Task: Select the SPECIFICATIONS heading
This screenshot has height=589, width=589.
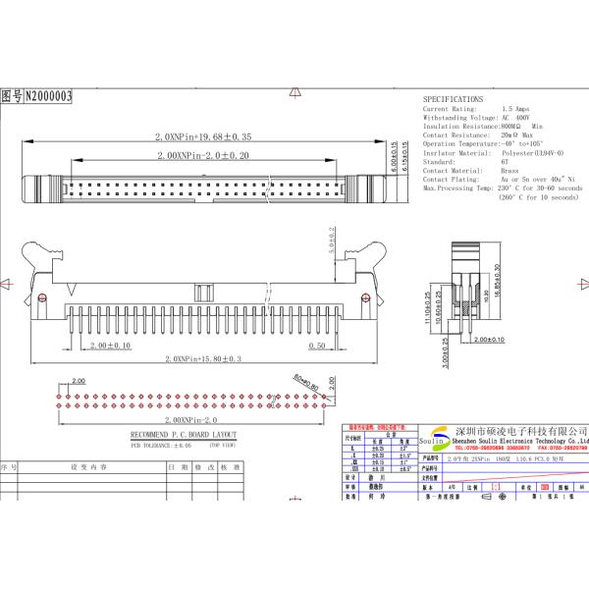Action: pyautogui.click(x=453, y=100)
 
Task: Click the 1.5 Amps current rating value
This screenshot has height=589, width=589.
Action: pyautogui.click(x=515, y=109)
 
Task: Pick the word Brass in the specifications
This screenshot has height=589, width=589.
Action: pyautogui.click(x=509, y=171)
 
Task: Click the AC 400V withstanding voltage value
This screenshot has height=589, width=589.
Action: pyautogui.click(x=522, y=118)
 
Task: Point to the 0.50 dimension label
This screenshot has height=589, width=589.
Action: pyautogui.click(x=317, y=346)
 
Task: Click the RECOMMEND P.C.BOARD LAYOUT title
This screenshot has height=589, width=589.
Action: pyautogui.click(x=184, y=433)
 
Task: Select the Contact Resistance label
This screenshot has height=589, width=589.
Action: pyautogui.click(x=456, y=135)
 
